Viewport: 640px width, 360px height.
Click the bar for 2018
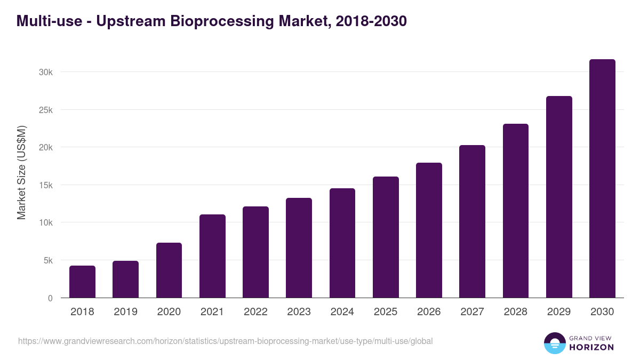82,282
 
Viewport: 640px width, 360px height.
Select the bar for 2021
212,256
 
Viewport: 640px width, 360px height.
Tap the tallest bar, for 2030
602,179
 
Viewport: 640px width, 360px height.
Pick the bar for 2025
386,237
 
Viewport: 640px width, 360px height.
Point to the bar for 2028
515,211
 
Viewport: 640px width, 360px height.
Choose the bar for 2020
169,270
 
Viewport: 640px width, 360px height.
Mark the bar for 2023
299,248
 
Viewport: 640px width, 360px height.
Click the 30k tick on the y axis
46,72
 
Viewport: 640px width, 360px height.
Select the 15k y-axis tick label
46,185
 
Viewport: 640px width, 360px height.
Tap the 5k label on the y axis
47,261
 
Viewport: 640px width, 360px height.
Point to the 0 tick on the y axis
50,298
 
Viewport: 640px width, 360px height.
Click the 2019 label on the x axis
125,312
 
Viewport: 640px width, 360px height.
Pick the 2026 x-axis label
429,312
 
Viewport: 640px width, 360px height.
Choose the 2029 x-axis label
559,312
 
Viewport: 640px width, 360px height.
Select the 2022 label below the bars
255,312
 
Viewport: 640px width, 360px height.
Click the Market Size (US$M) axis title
21,172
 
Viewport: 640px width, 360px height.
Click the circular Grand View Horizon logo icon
554,343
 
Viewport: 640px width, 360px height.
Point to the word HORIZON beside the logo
591,347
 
